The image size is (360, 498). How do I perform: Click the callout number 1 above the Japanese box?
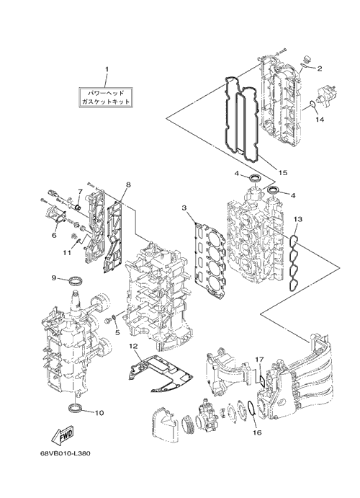(107, 69)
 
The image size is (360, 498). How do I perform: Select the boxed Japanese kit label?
(106, 97)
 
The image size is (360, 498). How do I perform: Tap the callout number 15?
(283, 172)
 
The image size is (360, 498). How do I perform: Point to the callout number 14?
(320, 120)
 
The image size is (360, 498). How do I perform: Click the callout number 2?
(320, 68)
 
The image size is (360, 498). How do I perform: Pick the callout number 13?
(298, 219)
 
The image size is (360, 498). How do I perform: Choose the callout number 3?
(184, 208)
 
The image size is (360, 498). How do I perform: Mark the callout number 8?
(128, 184)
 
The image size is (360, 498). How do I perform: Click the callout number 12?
(133, 345)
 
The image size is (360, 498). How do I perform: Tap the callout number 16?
(257, 432)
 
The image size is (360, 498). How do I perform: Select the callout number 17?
(259, 360)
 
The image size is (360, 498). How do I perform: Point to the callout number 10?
(99, 413)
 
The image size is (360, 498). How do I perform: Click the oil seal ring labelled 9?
(77, 280)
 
